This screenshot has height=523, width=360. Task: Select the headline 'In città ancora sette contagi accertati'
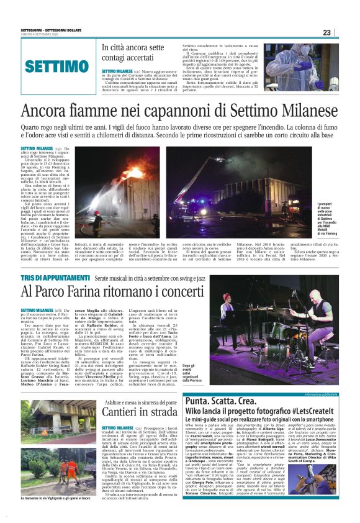coord(133,54)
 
